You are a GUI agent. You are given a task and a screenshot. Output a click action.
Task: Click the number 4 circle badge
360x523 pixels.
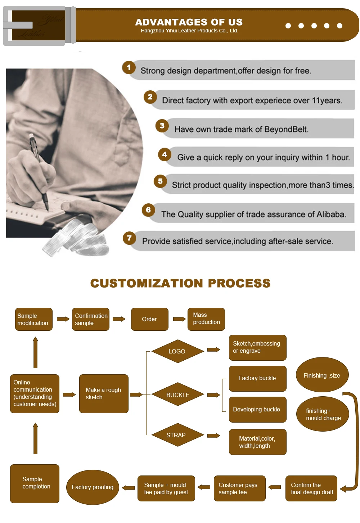click(165, 154)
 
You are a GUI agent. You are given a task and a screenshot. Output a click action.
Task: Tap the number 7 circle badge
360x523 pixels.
click(129, 238)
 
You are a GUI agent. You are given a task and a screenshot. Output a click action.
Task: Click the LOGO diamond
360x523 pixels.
click(177, 351)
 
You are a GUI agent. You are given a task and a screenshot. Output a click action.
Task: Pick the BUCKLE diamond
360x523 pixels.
click(177, 395)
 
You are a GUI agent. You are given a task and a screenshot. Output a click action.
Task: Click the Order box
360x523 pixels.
click(149, 319)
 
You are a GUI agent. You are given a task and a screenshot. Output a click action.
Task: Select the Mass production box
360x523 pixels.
click(206, 319)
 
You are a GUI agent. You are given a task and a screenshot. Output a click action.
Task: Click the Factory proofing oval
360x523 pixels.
click(93, 487)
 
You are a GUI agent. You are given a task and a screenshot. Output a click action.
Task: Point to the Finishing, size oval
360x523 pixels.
click(322, 375)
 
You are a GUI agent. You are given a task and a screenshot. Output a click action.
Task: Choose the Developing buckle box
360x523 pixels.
click(257, 410)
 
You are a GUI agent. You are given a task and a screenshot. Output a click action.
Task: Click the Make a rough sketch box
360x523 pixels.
click(104, 393)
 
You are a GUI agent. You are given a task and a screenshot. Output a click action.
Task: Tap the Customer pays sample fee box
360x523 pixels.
click(239, 488)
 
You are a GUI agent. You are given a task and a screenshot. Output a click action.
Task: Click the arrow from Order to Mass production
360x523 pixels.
click(179, 319)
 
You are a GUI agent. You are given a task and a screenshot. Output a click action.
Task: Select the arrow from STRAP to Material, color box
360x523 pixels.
click(213, 436)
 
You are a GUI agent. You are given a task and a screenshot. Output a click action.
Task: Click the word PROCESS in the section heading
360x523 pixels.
click(239, 283)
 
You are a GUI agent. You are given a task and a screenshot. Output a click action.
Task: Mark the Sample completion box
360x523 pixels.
click(35, 483)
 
